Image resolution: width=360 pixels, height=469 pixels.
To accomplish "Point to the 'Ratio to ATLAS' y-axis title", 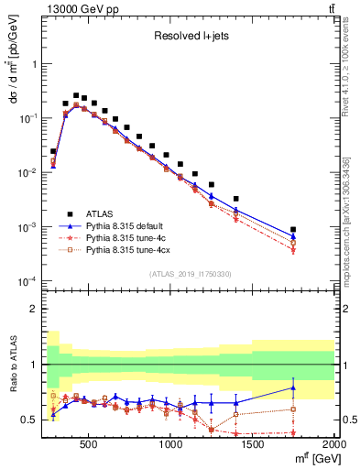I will [x=12, y=365].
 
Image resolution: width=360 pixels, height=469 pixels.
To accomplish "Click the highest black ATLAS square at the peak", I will [x=76, y=94].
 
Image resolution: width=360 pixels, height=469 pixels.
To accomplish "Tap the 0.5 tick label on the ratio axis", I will [x=31, y=420].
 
